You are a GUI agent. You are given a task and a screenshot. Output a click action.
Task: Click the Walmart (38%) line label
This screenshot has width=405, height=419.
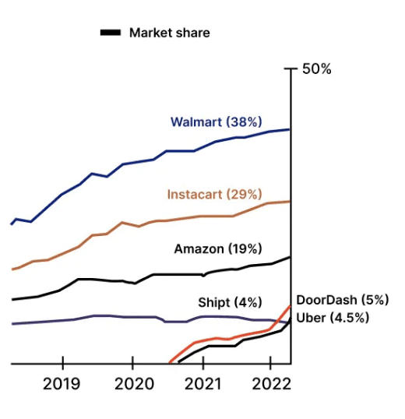(x=216, y=122)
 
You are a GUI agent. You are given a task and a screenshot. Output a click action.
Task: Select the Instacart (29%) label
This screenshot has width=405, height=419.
(x=214, y=195)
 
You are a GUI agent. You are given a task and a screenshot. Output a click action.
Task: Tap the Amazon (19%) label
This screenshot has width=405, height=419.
(x=217, y=248)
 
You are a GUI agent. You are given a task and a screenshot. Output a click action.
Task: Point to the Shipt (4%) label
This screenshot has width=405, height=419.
(x=230, y=302)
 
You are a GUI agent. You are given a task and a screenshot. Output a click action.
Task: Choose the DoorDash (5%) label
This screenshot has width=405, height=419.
(x=342, y=300)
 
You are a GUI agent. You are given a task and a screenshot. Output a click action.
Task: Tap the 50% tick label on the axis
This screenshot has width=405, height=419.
(x=317, y=69)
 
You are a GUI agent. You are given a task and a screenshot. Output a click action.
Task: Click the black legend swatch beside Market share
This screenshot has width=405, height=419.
(x=110, y=33)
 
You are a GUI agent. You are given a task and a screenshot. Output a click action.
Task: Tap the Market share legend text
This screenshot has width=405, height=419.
(x=169, y=33)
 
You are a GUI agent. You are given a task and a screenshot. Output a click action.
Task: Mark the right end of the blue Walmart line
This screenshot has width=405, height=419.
(x=291, y=129)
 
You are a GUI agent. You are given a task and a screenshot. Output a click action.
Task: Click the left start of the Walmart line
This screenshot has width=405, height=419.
(x=11, y=224)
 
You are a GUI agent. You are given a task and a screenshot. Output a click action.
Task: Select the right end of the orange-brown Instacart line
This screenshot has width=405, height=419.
(x=291, y=201)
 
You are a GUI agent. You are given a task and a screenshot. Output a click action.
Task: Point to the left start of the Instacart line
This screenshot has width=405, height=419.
(x=11, y=269)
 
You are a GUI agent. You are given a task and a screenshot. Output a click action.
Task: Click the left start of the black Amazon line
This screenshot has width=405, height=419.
(x=11, y=299)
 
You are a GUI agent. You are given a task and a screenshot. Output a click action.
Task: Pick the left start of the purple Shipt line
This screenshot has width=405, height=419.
(x=11, y=324)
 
